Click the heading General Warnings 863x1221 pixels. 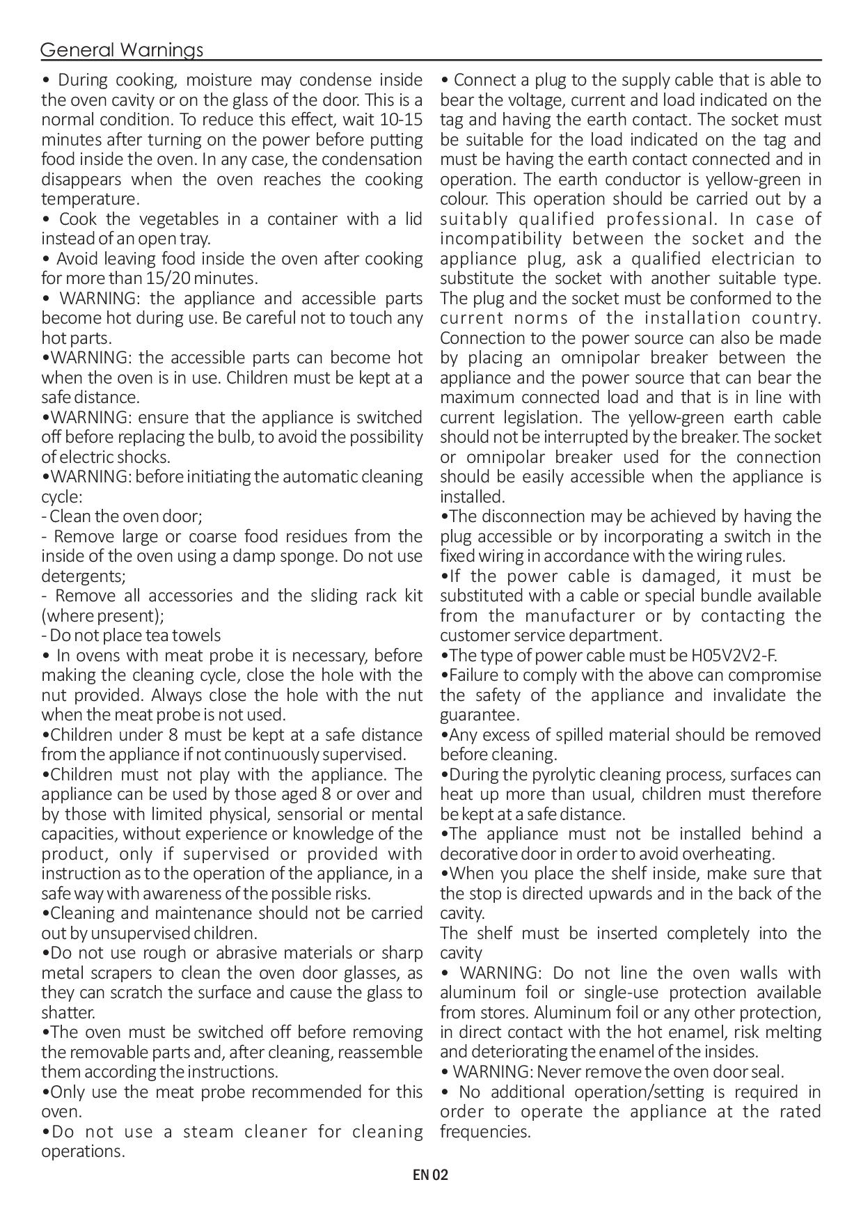[x=122, y=50]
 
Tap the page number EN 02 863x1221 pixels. [x=431, y=1175]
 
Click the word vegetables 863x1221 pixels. [x=179, y=219]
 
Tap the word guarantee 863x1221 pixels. [x=479, y=715]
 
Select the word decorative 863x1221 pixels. [x=475, y=853]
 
